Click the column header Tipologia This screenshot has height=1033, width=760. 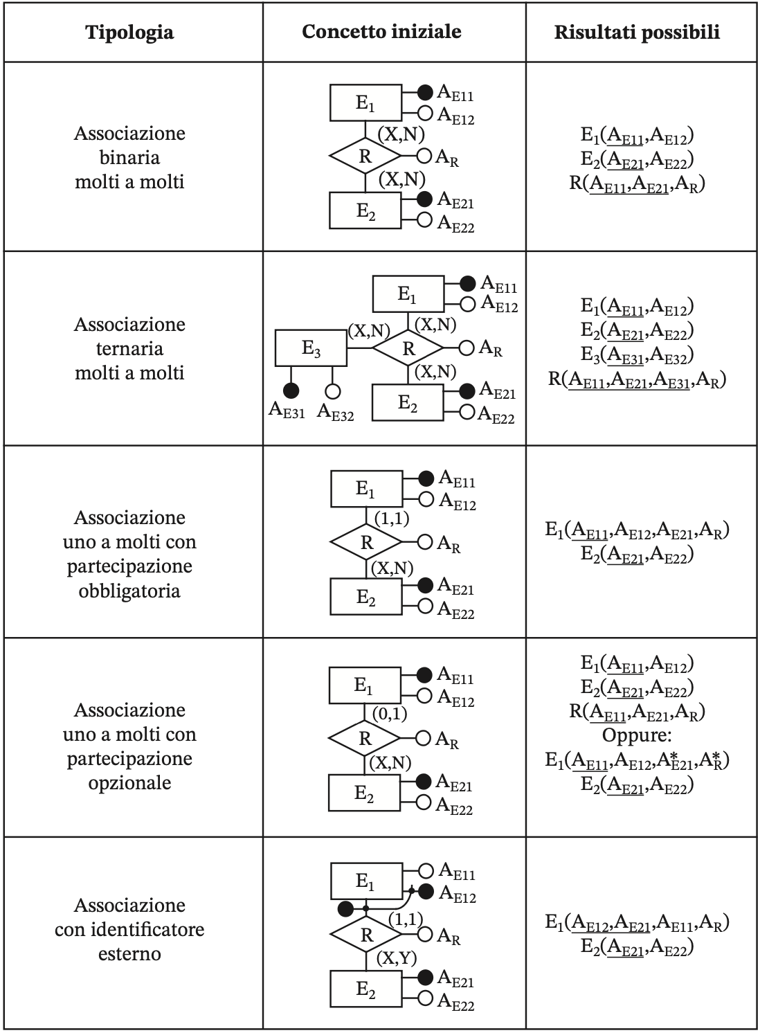(129, 33)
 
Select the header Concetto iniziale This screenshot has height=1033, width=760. (381, 31)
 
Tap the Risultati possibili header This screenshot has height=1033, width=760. (636, 33)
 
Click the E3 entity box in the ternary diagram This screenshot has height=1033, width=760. (311, 348)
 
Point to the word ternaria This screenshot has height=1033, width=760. (129, 349)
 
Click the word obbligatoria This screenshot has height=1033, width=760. (129, 591)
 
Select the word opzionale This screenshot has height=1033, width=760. (129, 782)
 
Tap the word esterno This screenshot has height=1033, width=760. (129, 953)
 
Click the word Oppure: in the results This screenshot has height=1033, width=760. (636, 735)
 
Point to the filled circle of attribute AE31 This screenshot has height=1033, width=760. (291, 391)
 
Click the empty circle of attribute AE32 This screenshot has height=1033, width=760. (332, 391)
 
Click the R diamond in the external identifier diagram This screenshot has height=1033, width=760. (366, 934)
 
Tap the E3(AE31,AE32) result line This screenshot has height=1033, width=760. (637, 355)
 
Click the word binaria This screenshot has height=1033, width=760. (129, 158)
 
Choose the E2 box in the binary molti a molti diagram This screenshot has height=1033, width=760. (365, 210)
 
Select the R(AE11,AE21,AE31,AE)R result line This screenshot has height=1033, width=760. (637, 380)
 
